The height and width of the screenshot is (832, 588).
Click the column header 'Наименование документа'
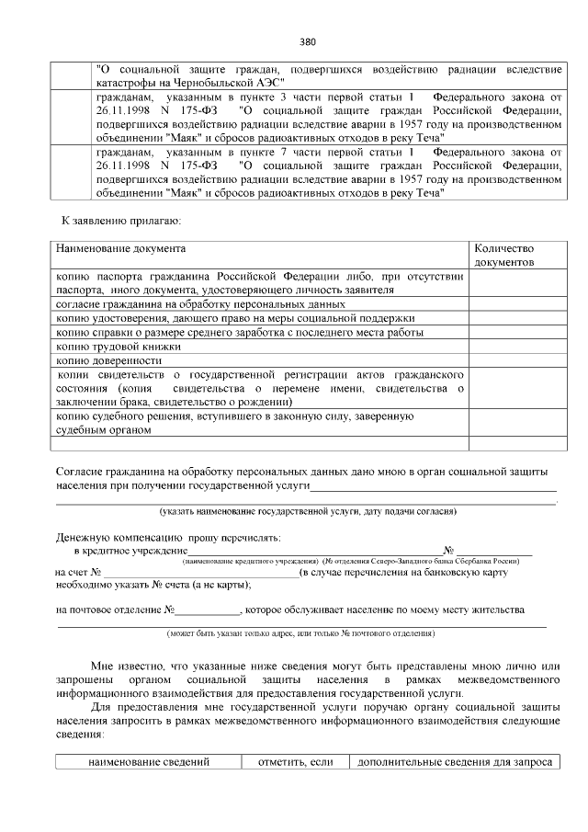pos(120,249)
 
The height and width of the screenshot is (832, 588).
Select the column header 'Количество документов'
pos(503,256)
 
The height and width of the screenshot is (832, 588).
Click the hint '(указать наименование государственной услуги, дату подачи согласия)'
pos(308,511)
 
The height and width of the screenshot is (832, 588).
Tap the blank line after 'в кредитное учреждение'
pos(308,550)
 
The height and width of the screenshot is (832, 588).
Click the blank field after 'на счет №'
pos(200,573)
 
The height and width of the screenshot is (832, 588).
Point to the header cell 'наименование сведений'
pos(149,762)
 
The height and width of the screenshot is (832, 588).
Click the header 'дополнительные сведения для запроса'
pos(454,762)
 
